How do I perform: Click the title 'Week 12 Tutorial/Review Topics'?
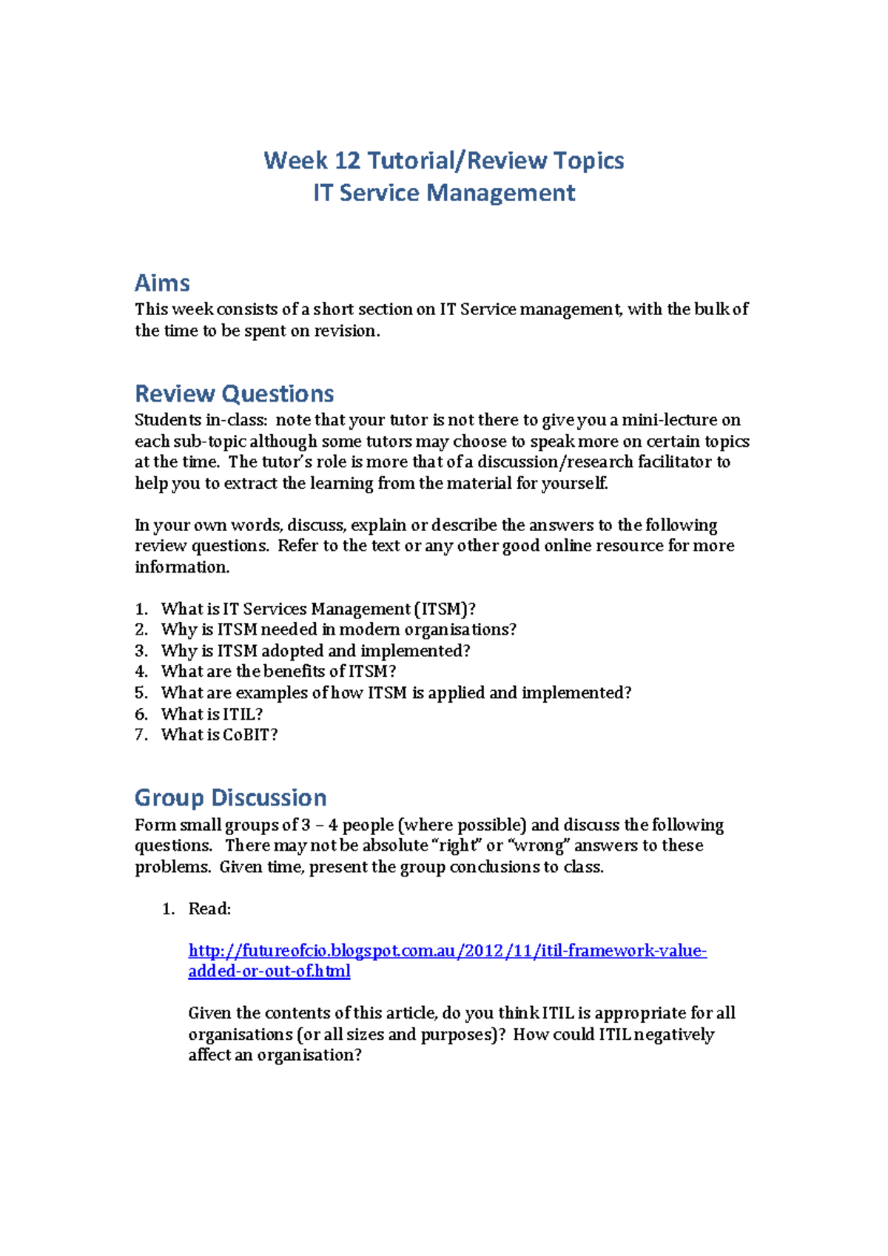click(444, 161)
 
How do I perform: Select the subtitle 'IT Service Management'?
click(444, 193)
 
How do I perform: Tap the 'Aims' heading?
click(162, 283)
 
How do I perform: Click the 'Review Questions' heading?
click(234, 394)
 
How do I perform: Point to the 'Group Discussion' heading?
click(230, 798)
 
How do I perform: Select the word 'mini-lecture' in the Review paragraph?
click(671, 420)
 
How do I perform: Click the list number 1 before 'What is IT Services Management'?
click(141, 610)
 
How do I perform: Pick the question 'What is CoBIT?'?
click(219, 735)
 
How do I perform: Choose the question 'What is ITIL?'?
click(212, 715)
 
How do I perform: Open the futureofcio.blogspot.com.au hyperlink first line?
click(447, 951)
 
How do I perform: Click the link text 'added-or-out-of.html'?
click(269, 971)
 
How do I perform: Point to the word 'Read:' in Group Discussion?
click(209, 909)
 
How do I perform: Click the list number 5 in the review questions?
click(141, 693)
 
